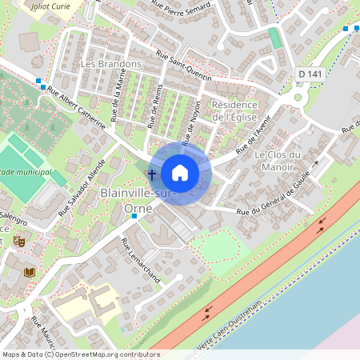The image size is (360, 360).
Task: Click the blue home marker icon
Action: pyautogui.click(x=180, y=173)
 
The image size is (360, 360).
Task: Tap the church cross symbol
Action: pyautogui.click(x=152, y=174)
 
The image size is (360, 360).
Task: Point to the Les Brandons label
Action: pyautogui.click(x=111, y=63)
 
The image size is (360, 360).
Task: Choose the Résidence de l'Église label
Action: pyautogui.click(x=234, y=111)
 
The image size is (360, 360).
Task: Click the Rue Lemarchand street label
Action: pyautogui.click(x=141, y=260)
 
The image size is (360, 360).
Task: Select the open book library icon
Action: pyautogui.click(x=30, y=273)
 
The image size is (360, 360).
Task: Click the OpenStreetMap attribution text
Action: pyautogui.click(x=70, y=354)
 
